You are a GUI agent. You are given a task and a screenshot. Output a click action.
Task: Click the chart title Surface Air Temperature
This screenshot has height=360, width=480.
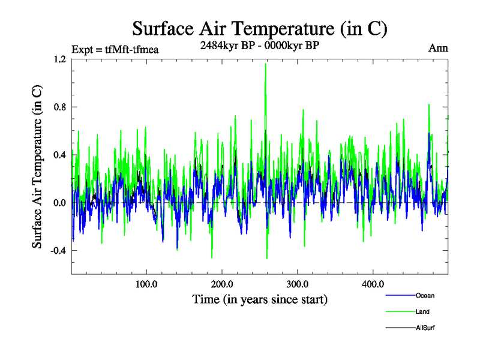point(259,28)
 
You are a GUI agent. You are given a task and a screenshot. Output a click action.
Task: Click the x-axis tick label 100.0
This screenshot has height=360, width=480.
point(146,284)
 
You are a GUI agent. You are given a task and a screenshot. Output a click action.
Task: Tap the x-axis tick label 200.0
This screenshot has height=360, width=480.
point(222,284)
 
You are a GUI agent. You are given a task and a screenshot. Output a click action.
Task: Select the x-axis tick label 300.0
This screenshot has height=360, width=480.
point(298,284)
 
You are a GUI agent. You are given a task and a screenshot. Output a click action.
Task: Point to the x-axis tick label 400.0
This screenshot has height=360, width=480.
point(373,284)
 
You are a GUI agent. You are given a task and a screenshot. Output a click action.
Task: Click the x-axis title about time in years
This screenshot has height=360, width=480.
point(259,298)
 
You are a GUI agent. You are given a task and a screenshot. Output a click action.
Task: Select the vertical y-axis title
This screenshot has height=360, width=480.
point(37,166)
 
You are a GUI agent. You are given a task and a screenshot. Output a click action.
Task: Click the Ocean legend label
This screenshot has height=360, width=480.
point(425,295)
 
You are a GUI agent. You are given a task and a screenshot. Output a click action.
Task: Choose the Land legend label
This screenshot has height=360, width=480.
point(422,311)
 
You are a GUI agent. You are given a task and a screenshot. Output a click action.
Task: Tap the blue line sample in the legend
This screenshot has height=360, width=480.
point(400,295)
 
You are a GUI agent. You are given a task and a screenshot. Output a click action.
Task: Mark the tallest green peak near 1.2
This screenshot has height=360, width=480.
point(265,65)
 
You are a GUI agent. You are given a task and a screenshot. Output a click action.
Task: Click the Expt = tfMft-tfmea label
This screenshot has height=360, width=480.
point(115,49)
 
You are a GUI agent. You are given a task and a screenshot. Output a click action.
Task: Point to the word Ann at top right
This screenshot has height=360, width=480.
point(438,48)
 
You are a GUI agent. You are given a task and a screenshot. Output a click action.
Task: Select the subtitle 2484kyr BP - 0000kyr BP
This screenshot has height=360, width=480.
point(259,44)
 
